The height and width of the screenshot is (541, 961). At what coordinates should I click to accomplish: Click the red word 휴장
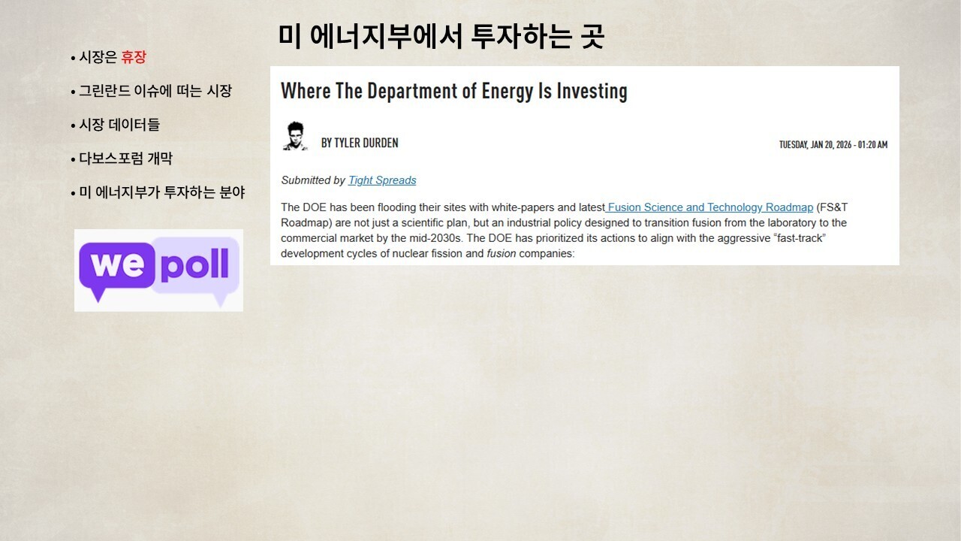tap(134, 57)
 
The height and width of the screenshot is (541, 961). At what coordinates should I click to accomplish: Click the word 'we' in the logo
tap(116, 264)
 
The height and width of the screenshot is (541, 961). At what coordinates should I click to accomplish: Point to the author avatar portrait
tap(295, 136)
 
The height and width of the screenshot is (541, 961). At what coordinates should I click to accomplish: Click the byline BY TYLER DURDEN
tap(360, 143)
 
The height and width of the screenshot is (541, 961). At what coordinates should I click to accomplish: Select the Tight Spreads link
tap(382, 180)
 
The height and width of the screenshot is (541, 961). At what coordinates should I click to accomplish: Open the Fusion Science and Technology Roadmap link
tap(709, 207)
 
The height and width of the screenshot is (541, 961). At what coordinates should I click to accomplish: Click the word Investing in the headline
tap(592, 92)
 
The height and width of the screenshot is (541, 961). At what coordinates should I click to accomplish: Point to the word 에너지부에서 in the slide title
tap(386, 36)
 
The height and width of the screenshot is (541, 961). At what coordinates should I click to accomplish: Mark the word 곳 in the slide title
tap(592, 36)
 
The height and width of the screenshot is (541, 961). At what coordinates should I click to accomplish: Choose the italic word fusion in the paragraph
tap(501, 254)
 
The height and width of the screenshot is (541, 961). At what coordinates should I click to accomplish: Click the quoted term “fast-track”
tap(801, 238)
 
